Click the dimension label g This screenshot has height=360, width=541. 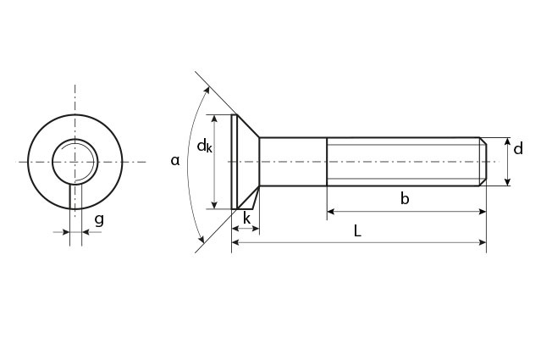99,220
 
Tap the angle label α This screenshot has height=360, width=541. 176,159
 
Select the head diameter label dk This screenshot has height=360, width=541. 205,147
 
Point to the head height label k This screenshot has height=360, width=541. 246,219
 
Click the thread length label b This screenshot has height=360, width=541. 405,199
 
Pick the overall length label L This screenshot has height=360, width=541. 357,230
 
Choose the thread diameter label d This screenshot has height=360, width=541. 518,150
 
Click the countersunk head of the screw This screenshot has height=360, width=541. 245,161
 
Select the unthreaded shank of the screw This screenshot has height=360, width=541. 293,161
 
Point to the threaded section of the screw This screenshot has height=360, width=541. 403,161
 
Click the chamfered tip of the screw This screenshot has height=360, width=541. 483,161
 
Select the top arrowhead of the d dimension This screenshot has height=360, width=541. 507,141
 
